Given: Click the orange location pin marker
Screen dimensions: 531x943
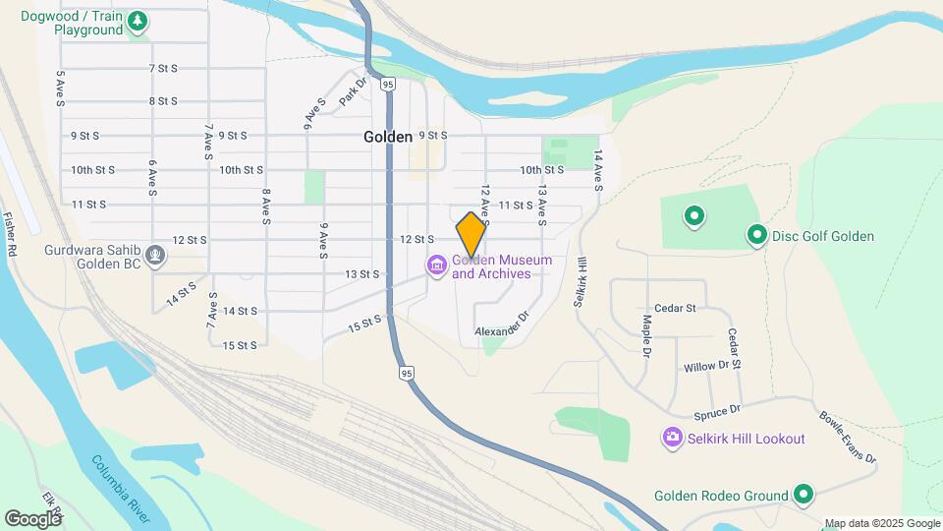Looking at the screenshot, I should click(x=471, y=234).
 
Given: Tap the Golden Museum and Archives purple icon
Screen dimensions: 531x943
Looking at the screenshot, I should click(x=435, y=265).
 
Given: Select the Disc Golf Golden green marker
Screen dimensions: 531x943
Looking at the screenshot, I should click(x=757, y=236).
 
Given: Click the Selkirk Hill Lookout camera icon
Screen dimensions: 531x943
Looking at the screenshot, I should click(x=672, y=438).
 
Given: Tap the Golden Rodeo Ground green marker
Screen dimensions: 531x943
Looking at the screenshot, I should click(x=804, y=496).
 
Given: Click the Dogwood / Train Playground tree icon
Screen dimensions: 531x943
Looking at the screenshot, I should click(x=139, y=19).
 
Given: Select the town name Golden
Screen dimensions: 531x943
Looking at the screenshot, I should click(x=388, y=137).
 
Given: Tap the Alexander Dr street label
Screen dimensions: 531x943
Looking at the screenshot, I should click(x=502, y=326).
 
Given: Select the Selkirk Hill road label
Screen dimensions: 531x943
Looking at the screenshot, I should click(x=581, y=281).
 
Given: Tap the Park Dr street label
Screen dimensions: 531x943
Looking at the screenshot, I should click(x=352, y=93).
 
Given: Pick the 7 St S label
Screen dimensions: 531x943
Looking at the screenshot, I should click(x=163, y=68).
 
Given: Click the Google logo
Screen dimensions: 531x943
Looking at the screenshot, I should click(x=32, y=518).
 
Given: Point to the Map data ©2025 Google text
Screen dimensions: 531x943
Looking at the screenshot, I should click(x=882, y=523).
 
